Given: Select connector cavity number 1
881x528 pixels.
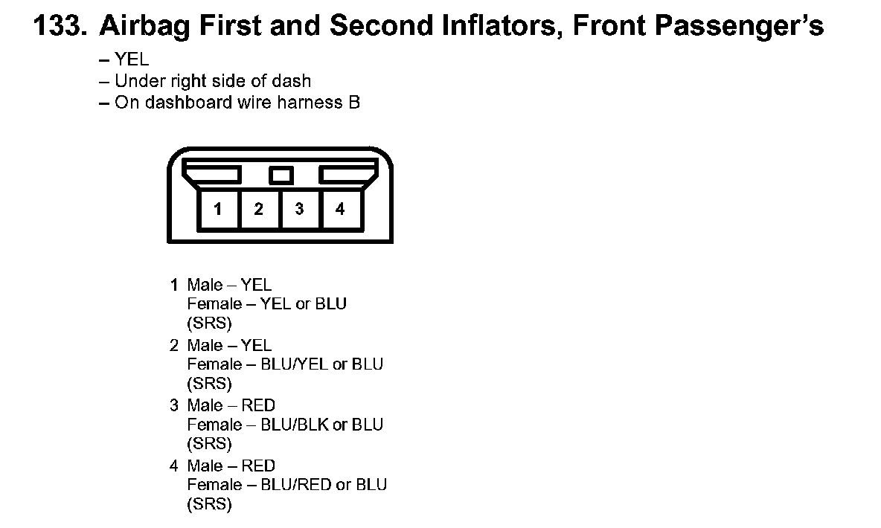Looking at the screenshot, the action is pos(217,209).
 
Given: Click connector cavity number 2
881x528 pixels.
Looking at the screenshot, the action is pos(258,209).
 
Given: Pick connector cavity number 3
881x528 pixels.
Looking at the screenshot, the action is pos(299,209).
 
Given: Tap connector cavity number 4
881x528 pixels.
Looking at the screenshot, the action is pos(340,209).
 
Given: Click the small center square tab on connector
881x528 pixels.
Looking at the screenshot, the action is pos(280,176).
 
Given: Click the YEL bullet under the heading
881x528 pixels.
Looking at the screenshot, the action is pos(132,60).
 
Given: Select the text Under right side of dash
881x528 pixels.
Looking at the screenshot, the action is pos(213,81).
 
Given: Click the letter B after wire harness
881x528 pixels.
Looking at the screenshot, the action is pos(354,102).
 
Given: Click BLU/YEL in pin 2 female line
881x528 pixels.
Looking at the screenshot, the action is pos(294,364).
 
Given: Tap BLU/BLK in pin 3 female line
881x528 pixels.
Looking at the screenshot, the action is pos(294,425).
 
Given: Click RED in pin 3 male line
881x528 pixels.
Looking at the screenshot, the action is pos(258,405).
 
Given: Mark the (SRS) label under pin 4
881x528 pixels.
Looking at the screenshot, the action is pos(209,504).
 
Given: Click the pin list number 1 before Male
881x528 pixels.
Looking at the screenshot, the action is pos(174,285).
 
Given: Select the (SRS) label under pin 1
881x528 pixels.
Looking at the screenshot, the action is pos(209,323).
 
